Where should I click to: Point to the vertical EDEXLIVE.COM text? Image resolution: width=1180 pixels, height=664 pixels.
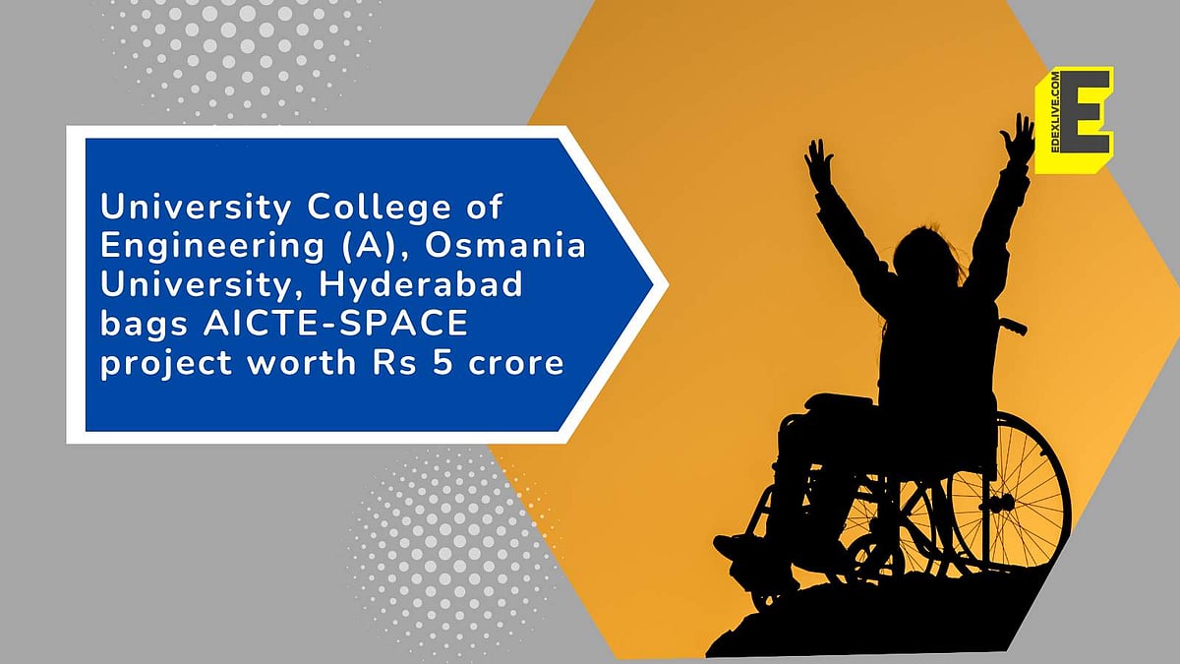1048,120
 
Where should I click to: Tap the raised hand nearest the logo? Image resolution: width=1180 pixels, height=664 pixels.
1019,138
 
